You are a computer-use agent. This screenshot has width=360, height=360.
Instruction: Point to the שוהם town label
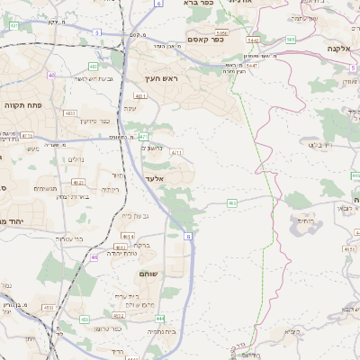click(x=148, y=273)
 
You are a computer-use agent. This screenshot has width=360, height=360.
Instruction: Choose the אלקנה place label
click(x=339, y=49)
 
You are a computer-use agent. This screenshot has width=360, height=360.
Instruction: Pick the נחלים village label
click(x=76, y=159)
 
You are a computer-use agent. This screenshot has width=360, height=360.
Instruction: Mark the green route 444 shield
click(x=158, y=319)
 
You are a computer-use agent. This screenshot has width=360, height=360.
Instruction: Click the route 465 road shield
click(x=231, y=204)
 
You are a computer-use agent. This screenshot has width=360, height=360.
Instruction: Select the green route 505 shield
click(x=290, y=40)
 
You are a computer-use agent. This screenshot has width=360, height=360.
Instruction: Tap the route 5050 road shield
click(x=221, y=32)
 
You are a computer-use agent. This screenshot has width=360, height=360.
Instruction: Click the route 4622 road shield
click(x=118, y=316)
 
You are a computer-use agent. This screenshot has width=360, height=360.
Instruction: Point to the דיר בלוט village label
click(x=320, y=144)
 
